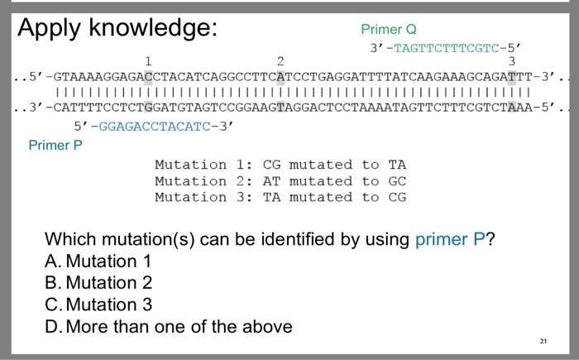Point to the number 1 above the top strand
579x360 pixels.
147,61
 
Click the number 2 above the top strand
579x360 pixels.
280,61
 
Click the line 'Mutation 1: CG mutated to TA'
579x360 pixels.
280,165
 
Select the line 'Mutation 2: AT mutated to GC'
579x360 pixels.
280,180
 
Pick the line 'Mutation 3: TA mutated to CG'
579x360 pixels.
280,196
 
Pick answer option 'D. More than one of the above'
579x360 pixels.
168,326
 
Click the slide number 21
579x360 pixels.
542,340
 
